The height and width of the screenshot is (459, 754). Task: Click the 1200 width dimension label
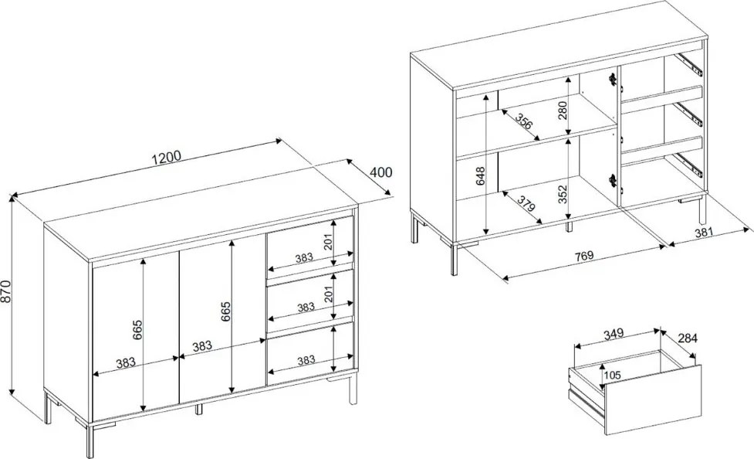[x=167, y=157]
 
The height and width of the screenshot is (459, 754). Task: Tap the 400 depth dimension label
[x=381, y=172]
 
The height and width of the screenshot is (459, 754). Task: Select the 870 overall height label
[x=5, y=291]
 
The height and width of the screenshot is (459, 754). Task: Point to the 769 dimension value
[x=583, y=255]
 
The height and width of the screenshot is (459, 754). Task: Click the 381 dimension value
[x=705, y=232]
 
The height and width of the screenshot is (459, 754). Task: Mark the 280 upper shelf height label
[x=563, y=110]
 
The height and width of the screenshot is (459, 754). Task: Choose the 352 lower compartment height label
[x=563, y=195]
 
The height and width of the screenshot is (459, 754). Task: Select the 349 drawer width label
[x=613, y=333]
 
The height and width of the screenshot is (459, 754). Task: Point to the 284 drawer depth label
[x=687, y=338]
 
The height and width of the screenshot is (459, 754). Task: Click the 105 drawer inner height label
[x=612, y=374]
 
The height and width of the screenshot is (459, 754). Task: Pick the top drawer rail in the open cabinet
[x=688, y=64]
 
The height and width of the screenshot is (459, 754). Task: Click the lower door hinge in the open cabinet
[x=613, y=179]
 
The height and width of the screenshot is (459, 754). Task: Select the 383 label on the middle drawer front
[x=306, y=308]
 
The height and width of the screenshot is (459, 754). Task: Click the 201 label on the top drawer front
[x=328, y=241]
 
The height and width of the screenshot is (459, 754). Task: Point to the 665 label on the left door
[x=137, y=329]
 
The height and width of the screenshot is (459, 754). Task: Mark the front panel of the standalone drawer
[x=653, y=399]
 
